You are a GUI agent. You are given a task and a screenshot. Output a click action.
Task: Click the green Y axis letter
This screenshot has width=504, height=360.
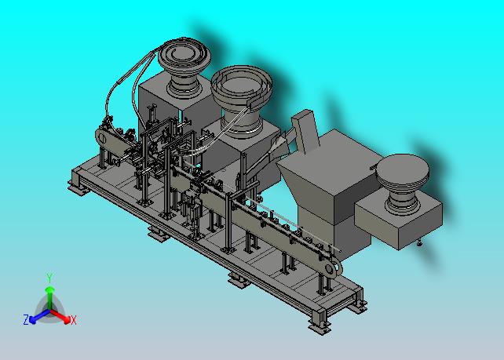tap(49, 278)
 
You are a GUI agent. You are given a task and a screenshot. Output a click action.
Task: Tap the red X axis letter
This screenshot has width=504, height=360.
tap(74, 320)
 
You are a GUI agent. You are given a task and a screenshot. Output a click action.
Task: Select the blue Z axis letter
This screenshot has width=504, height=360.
tap(26, 319)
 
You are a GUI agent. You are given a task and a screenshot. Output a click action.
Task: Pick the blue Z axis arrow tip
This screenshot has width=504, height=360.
tap(32, 320)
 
